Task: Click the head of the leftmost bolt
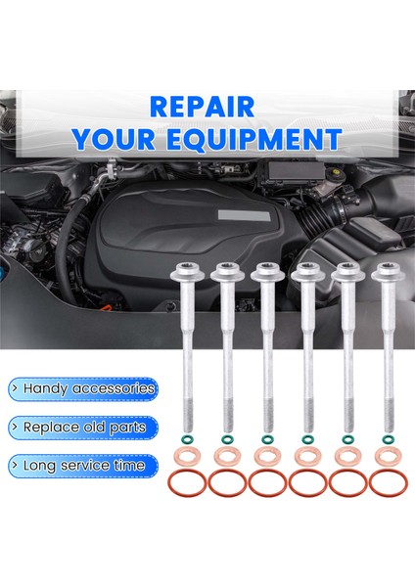click(x=184, y=273)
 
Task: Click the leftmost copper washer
click(x=185, y=457)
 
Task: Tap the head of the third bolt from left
click(x=265, y=273)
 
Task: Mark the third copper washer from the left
click(x=265, y=457)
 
